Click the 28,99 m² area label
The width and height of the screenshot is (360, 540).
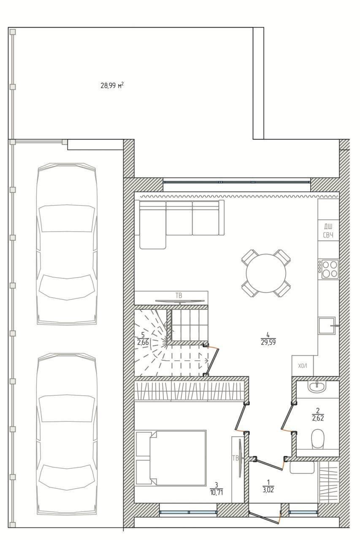point(112,85)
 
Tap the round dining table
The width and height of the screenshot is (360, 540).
point(266,273)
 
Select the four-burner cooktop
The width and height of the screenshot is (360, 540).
point(328,269)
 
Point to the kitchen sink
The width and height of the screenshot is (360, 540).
point(327,326)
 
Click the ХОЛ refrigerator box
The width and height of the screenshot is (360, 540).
point(303,366)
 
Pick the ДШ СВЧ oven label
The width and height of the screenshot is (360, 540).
point(328,231)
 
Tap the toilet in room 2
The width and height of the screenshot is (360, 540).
point(318,440)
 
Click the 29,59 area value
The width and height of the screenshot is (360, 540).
point(268,342)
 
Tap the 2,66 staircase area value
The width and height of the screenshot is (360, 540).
point(143,342)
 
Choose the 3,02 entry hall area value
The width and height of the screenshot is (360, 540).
point(268,490)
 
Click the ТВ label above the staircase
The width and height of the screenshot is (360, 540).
point(179,295)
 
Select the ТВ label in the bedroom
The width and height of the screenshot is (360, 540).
point(235,458)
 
